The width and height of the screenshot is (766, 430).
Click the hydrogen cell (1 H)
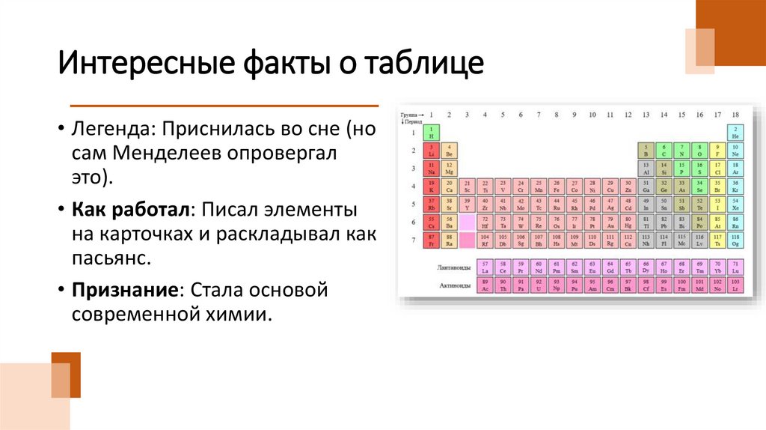[x=431, y=133]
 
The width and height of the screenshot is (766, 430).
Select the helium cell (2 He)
[x=735, y=133]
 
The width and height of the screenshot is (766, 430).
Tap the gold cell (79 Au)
[x=610, y=222]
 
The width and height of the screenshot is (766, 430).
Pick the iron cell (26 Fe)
[x=556, y=187]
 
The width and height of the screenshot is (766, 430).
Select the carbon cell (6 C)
[x=664, y=151]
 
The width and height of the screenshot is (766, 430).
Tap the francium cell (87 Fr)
[x=431, y=240]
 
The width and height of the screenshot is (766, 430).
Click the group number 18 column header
[x=735, y=115]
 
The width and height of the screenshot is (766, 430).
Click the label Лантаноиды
[x=453, y=267]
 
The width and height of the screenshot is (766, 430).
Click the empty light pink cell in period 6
[x=467, y=222]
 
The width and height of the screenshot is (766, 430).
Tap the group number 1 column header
[x=431, y=115]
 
